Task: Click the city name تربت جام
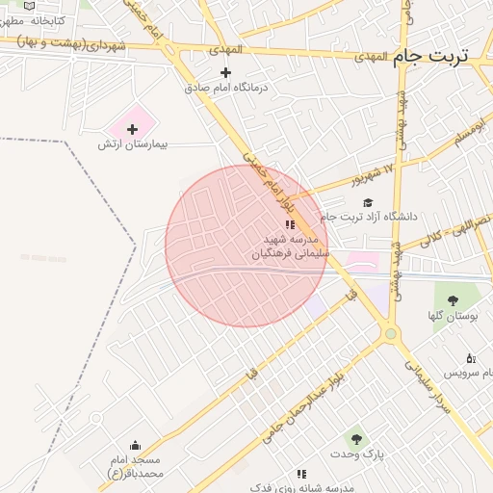(430, 55)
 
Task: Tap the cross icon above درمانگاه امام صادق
(226, 72)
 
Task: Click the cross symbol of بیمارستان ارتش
(133, 129)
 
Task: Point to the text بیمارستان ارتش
(133, 144)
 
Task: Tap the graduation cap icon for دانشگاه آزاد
(368, 202)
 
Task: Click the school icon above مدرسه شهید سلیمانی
(291, 223)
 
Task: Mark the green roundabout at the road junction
(390, 334)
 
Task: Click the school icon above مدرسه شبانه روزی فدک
(301, 474)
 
